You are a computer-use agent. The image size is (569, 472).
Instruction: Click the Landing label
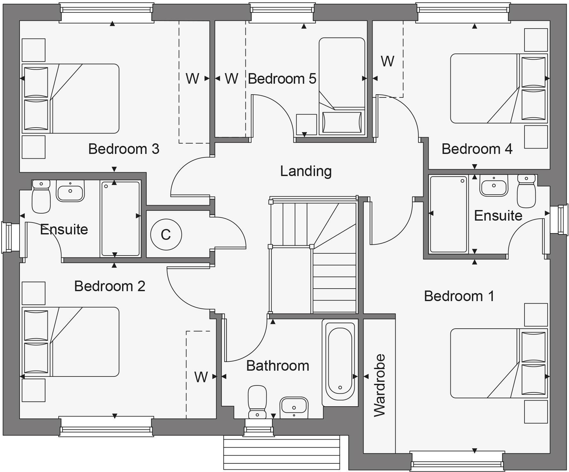click(x=306, y=171)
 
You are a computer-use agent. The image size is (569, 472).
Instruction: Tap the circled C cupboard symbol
click(x=166, y=234)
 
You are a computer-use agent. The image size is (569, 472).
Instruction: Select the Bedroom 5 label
click(x=282, y=79)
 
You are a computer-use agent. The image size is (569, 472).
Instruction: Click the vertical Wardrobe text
click(x=380, y=385)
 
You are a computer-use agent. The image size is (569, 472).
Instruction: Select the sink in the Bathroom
click(x=294, y=408)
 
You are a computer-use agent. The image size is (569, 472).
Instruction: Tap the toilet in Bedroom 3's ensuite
click(x=41, y=196)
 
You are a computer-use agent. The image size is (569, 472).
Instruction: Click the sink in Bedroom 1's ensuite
click(x=494, y=186)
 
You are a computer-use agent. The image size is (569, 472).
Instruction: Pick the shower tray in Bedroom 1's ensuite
click(x=449, y=214)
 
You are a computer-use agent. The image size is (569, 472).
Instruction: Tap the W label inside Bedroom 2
click(x=201, y=377)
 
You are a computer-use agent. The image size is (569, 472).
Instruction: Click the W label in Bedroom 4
click(x=387, y=61)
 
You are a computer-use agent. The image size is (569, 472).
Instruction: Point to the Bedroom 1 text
click(x=459, y=296)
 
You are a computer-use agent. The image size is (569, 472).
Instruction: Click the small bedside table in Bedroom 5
click(x=306, y=124)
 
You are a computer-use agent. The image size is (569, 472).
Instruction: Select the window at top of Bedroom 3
click(x=107, y=13)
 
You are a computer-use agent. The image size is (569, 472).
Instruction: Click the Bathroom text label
click(x=277, y=366)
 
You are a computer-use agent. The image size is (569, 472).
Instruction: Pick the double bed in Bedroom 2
click(x=70, y=342)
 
